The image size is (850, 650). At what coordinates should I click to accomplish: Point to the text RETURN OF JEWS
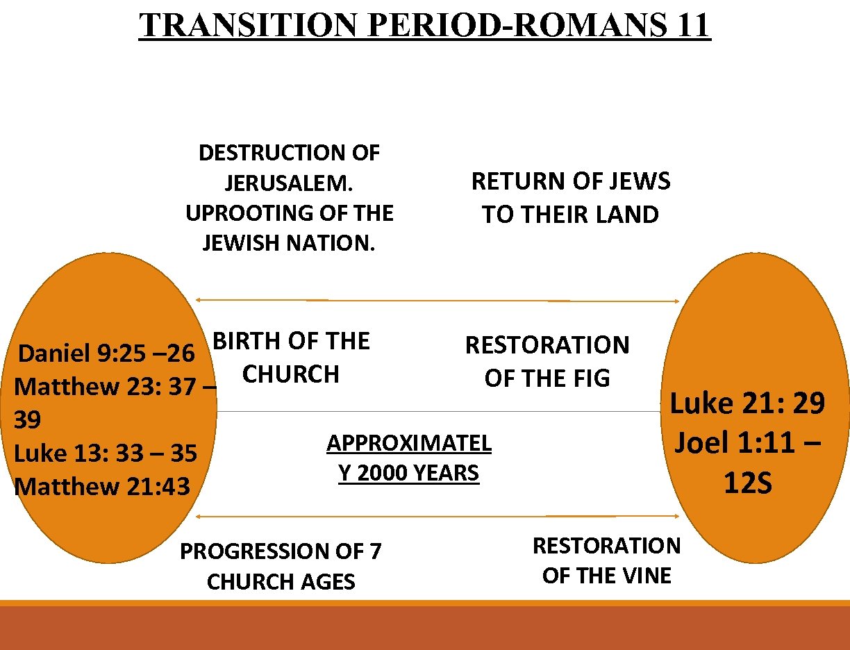pos(571,182)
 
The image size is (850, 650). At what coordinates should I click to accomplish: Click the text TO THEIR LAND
pos(571,215)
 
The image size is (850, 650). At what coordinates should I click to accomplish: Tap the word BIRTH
pos(243,341)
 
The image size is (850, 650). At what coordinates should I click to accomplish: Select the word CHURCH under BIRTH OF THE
pos(291,374)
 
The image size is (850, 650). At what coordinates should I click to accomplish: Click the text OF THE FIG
pos(547,378)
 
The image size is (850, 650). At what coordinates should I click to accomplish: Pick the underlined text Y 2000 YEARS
pos(409,474)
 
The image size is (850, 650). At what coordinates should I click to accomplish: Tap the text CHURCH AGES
pos(281,582)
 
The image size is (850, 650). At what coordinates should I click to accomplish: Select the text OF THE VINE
pos(607,576)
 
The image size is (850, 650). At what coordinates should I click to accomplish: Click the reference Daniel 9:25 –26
pos(106,353)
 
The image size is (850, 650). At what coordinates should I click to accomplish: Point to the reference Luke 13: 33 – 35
pos(106,453)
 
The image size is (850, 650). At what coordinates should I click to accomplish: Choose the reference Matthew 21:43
pos(102,486)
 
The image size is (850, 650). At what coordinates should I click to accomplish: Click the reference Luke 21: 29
pos(747,403)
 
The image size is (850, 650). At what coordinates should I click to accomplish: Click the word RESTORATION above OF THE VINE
pos(607,546)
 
